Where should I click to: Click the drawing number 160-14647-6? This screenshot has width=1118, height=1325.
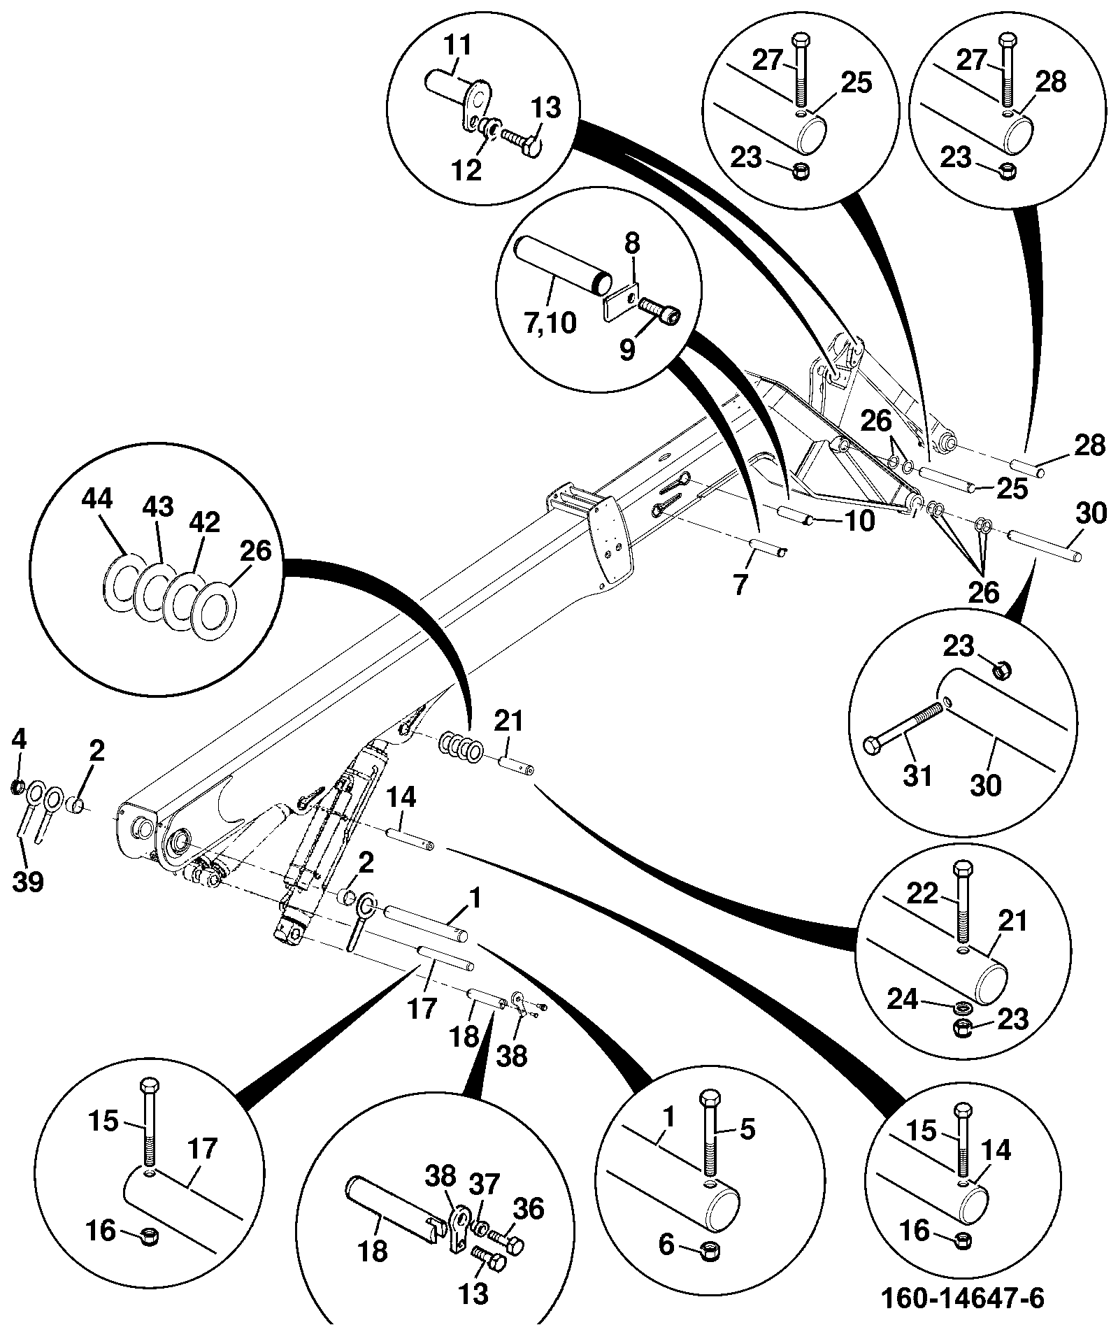coord(962,1298)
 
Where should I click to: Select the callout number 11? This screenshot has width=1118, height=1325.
coord(458,47)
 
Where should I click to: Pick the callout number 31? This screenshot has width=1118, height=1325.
coord(917,775)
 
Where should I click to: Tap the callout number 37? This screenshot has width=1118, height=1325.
coord(485,1184)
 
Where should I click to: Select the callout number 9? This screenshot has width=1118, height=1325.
coord(628,350)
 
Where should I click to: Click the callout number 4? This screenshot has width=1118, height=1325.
coord(19,738)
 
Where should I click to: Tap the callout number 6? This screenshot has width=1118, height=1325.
coord(666,1245)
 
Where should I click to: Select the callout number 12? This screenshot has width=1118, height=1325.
coord(467,169)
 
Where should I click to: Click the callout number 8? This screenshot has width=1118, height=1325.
coord(631,244)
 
